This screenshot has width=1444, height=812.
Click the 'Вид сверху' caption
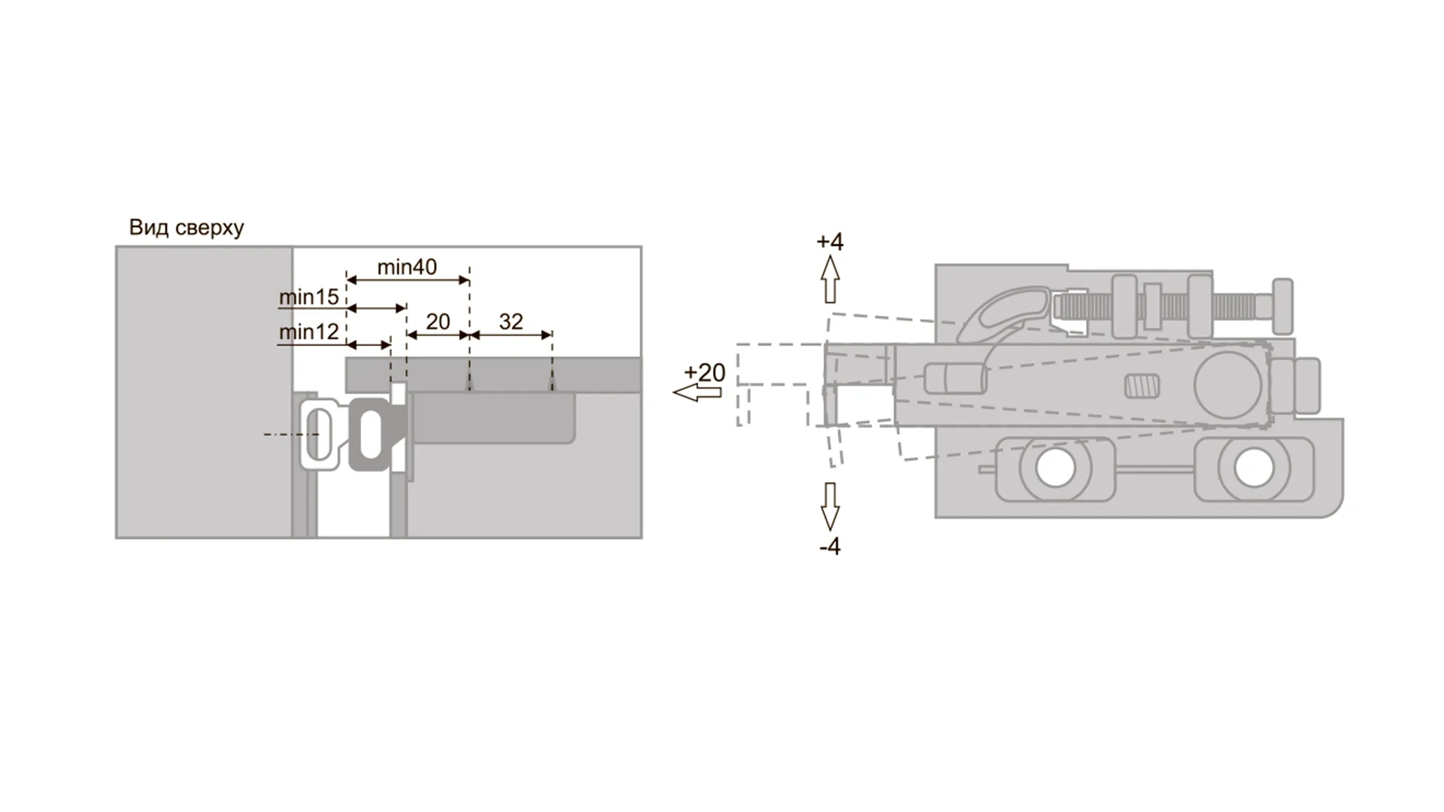[x=187, y=227]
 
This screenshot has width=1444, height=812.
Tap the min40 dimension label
[x=407, y=267]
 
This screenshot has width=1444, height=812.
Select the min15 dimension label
[x=309, y=297]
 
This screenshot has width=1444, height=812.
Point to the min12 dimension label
[x=309, y=332]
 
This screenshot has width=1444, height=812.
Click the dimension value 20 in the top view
[x=438, y=322]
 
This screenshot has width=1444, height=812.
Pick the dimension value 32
[x=511, y=322]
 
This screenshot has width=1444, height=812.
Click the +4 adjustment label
[x=830, y=241]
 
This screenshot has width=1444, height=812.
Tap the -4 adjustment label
[x=830, y=547]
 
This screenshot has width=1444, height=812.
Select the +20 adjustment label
[x=705, y=372]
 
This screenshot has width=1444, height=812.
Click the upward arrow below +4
[x=830, y=279]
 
